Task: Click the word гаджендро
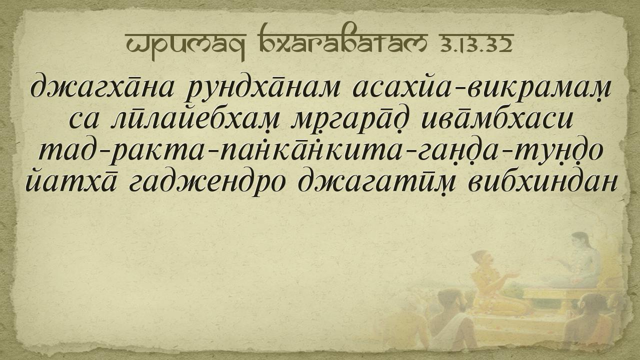coord(207,185)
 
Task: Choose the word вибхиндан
coord(542,183)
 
